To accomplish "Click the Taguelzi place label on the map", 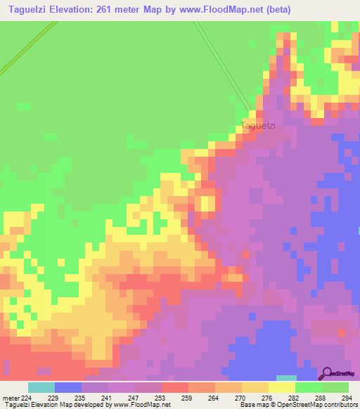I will click(257, 126).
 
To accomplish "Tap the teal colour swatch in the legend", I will click(41, 387).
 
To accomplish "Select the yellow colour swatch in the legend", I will click(282, 387).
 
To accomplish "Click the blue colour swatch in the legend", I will click(68, 387).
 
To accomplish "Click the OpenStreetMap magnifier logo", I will click(326, 373).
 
